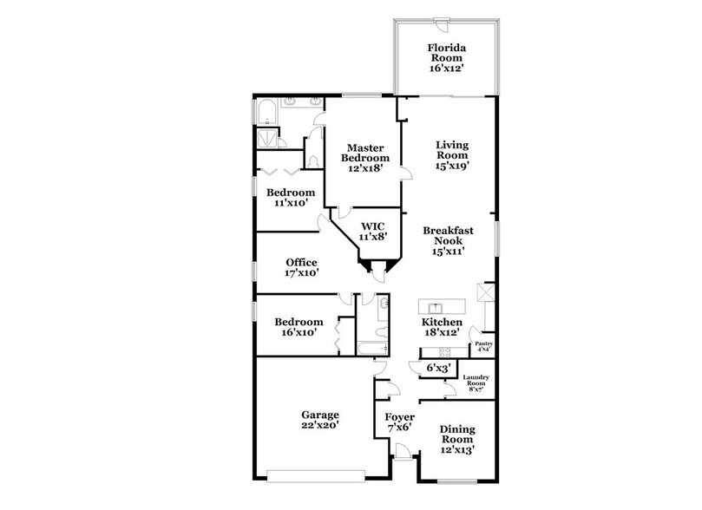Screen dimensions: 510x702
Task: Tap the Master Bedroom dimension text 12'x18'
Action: [364, 170]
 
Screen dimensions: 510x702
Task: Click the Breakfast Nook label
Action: [448, 237]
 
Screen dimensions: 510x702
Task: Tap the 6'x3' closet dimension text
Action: [437, 369]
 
